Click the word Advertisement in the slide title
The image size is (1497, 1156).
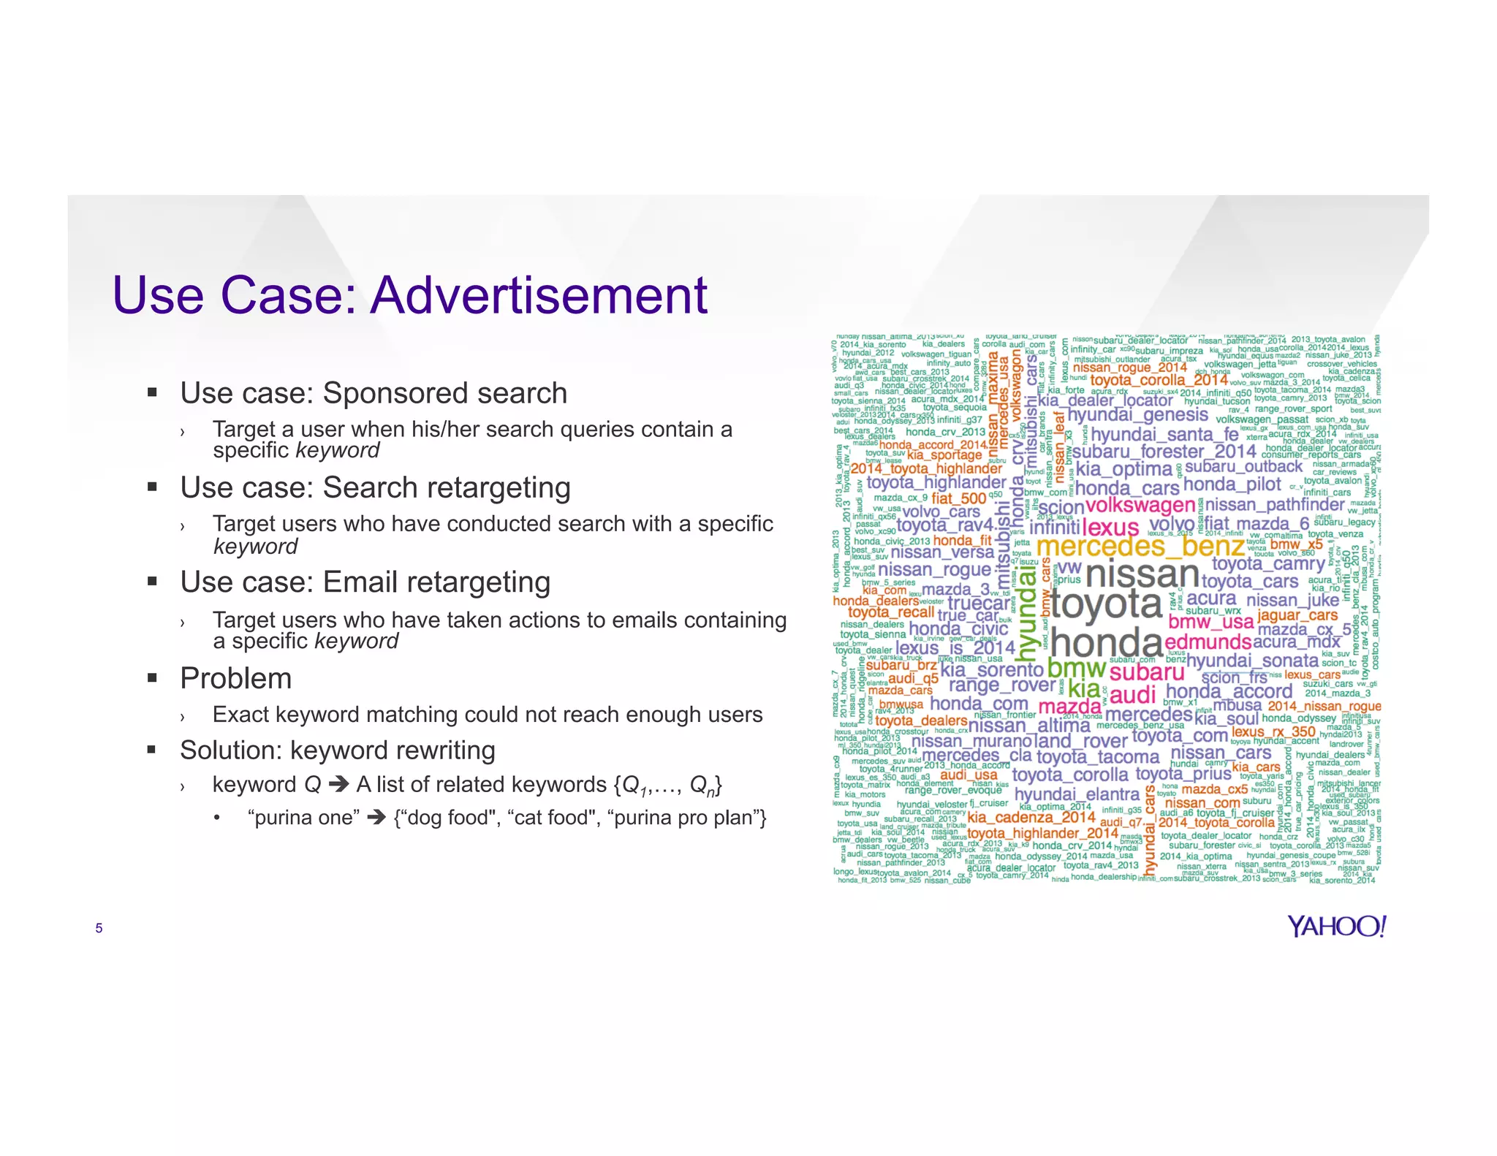click(539, 296)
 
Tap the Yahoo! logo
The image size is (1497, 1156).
click(1336, 927)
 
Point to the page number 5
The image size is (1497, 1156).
click(99, 929)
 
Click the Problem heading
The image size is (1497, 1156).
click(235, 679)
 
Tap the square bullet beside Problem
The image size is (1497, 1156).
click(152, 678)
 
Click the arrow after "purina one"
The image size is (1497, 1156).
click(376, 817)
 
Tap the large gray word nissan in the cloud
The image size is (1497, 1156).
click(1142, 574)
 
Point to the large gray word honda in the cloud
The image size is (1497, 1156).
click(1106, 643)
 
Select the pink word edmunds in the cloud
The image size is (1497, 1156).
click(1208, 642)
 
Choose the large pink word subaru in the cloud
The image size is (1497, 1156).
click(1146, 672)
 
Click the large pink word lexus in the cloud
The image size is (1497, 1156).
click(1110, 527)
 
